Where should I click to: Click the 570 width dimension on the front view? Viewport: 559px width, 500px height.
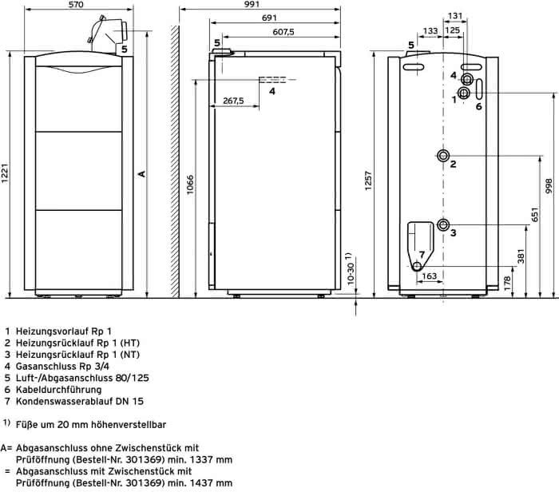(76, 4)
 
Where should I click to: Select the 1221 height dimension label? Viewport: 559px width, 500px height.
(5, 173)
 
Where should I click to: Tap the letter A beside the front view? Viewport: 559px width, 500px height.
(142, 173)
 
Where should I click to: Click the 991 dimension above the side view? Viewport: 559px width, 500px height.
(252, 4)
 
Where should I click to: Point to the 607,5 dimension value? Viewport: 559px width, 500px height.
(283, 32)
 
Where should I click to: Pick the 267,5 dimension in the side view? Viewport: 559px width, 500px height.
(233, 101)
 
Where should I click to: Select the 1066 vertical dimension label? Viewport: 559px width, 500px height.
(190, 185)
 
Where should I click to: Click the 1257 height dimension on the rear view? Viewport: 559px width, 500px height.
(368, 181)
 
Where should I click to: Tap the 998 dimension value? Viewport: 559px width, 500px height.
(549, 186)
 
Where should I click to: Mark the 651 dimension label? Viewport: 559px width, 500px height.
(535, 214)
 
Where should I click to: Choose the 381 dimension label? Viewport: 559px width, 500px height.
(521, 256)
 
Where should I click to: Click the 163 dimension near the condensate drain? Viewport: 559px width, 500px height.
(429, 276)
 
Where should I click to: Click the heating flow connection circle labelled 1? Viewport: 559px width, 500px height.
(464, 93)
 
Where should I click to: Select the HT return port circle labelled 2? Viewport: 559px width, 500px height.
(443, 156)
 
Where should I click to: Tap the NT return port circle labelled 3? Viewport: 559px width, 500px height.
(443, 224)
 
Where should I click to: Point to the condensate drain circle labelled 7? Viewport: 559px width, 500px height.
(417, 267)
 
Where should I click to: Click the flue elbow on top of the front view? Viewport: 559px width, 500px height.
(106, 34)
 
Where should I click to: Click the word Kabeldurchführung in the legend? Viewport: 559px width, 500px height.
(58, 390)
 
